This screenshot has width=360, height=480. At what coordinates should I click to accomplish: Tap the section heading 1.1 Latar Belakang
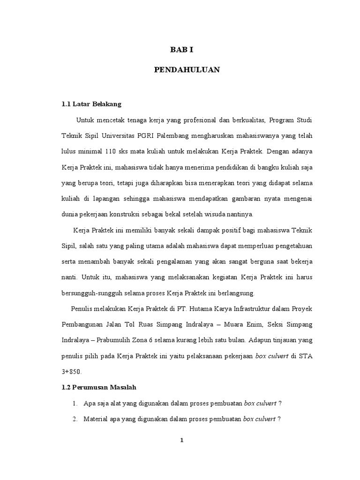pos(88,104)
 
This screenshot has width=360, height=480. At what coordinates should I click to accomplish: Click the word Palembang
pos(174,136)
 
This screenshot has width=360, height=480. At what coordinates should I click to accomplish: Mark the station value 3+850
pos(72,372)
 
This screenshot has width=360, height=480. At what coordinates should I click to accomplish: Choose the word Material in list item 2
pos(96,419)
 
